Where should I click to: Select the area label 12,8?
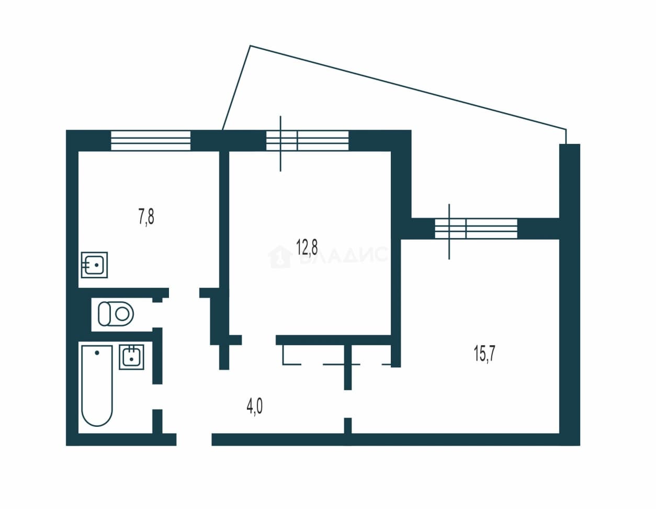[x=307, y=247]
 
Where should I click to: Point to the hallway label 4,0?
[x=254, y=408]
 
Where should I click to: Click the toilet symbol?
[x=116, y=314]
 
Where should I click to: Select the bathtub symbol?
[x=97, y=386]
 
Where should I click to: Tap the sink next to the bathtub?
[x=131, y=357]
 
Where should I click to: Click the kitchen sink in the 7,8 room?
[x=95, y=265]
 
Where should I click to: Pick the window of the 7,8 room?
[x=151, y=140]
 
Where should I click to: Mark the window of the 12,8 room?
[x=307, y=141]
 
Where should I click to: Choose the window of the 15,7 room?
[x=476, y=229]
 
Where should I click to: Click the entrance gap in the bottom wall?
[x=194, y=439]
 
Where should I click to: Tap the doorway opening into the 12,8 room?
[x=259, y=340]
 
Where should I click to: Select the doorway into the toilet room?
[x=157, y=315]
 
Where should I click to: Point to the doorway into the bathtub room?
[x=157, y=397]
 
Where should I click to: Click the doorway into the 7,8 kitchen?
[x=184, y=293]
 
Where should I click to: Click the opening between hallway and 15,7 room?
[x=348, y=404]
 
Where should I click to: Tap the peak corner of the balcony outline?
[x=250, y=46]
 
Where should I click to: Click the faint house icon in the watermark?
[x=280, y=257]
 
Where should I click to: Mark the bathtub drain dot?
[x=97, y=353]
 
